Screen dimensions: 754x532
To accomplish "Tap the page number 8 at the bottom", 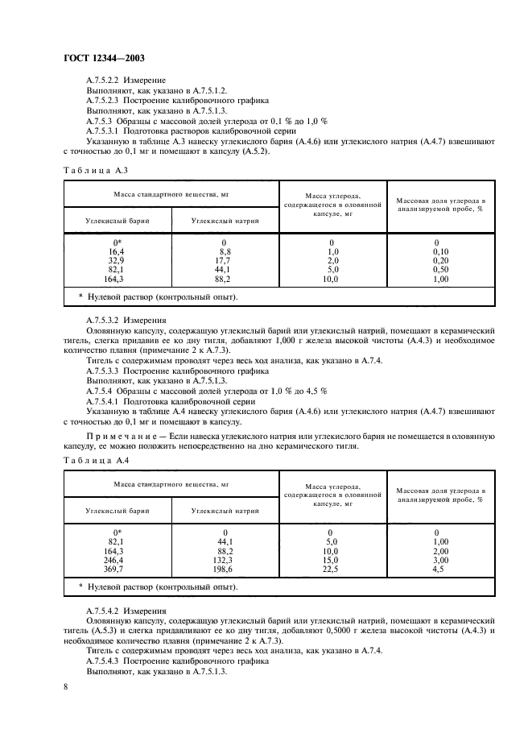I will (x=65, y=686).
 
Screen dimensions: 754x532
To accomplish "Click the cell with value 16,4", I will (x=117, y=251).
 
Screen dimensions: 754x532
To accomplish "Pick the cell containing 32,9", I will (x=117, y=260).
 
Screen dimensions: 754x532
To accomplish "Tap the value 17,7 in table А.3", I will (x=224, y=260).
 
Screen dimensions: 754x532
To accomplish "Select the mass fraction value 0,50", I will (x=440, y=269).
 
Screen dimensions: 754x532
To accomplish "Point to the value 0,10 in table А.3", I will (x=440, y=251).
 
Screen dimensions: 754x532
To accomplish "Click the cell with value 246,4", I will (x=117, y=559).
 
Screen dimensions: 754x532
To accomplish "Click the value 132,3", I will (x=224, y=559).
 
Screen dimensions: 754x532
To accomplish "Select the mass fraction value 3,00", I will (x=440, y=559).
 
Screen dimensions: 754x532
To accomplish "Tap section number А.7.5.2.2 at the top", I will (x=102, y=81).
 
